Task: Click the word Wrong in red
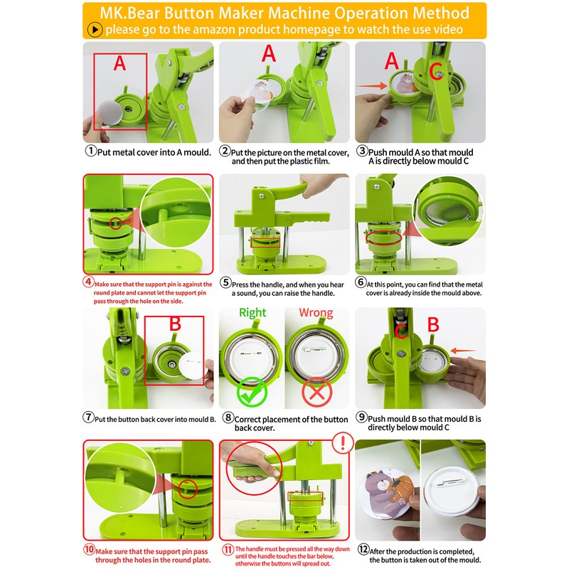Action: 316,313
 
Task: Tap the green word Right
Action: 252,313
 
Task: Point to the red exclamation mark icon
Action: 344,445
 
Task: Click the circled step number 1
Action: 90,151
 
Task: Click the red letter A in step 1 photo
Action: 119,65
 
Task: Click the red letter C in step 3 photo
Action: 436,70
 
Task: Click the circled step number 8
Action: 227,420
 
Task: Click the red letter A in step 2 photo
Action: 269,54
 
